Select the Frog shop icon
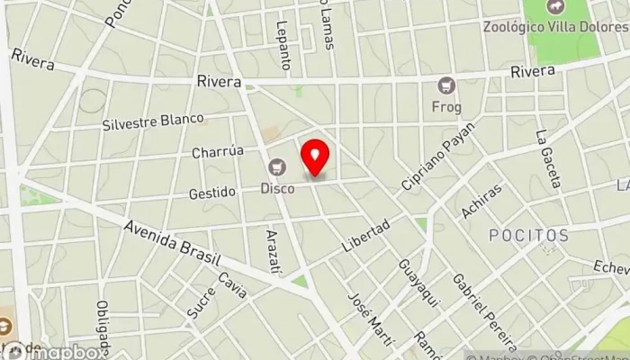[x=446, y=86]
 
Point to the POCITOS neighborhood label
[x=528, y=236]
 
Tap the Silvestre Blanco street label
[x=153, y=121]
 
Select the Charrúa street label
[x=218, y=152]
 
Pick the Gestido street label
[x=212, y=192]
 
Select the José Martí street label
[x=360, y=312]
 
